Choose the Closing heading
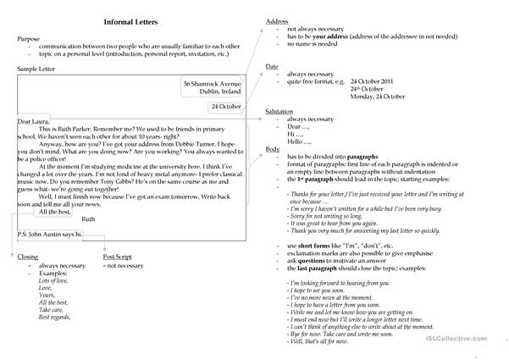(x=29, y=257)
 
